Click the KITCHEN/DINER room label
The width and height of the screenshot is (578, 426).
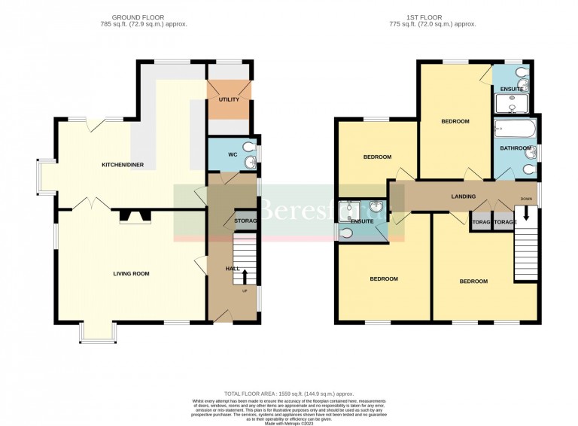123,165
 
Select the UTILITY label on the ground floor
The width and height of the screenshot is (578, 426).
229,99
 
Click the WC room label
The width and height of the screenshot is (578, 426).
233,155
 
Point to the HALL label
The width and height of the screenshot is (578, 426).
233,269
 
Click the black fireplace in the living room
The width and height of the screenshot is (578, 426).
136,217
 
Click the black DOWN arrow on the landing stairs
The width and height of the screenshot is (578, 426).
526,213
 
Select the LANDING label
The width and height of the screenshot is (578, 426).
463,196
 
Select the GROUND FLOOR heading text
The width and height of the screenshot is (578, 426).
138,17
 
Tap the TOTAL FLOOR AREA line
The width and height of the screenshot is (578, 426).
289,394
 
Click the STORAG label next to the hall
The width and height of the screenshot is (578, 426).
246,221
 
